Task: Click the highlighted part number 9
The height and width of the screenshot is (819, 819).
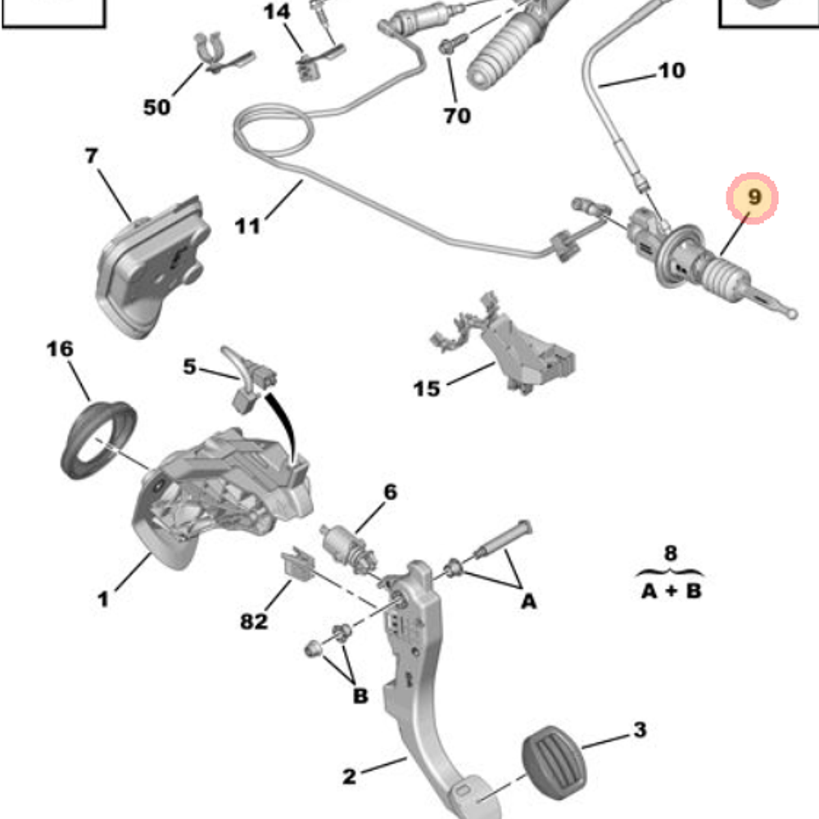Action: (x=753, y=198)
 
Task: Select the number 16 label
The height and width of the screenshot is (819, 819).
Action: (x=59, y=350)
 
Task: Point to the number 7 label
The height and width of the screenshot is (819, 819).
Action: (x=91, y=156)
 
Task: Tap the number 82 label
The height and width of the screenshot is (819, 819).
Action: (x=254, y=622)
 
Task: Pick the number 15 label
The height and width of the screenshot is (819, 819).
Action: (x=426, y=387)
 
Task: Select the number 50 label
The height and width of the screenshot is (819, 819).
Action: (x=156, y=107)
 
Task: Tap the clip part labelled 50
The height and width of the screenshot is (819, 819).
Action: (x=215, y=53)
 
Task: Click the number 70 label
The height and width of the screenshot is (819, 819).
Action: (x=457, y=115)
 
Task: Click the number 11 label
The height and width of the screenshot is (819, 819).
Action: (x=247, y=224)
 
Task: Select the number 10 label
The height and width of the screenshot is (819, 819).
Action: (x=671, y=71)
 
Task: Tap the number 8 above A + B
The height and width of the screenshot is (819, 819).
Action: (x=671, y=554)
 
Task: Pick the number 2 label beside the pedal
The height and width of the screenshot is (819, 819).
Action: (x=350, y=776)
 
